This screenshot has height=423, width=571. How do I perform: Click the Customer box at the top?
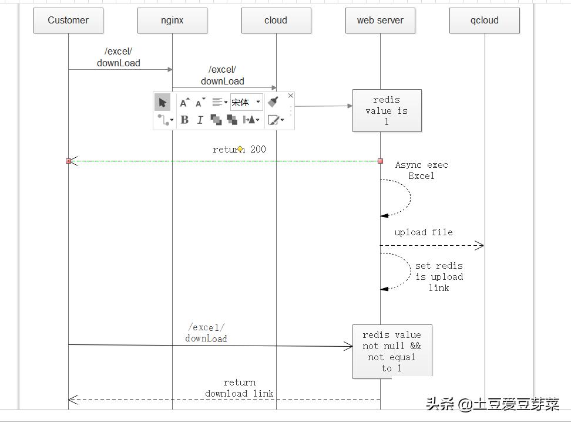[68, 21]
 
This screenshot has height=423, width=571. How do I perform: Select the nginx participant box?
[172, 21]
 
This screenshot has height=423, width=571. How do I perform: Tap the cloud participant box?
[276, 21]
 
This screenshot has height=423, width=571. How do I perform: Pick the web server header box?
[380, 21]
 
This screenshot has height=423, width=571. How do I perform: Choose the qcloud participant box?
[484, 21]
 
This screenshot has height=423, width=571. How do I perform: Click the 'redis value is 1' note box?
[387, 110]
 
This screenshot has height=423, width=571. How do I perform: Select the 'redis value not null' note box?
[392, 351]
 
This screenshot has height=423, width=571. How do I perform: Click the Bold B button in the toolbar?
[184, 120]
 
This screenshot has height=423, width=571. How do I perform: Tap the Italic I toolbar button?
[200, 120]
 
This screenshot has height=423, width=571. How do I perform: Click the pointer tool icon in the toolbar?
[163, 103]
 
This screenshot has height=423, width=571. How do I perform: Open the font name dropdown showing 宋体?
[246, 102]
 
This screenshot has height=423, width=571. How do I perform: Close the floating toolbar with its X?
[290, 96]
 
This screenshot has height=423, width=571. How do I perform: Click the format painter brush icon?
[273, 102]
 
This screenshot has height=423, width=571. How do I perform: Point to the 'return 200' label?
[239, 149]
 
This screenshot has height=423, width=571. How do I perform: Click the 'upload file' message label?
[424, 232]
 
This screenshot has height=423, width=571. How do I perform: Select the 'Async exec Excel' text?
[421, 170]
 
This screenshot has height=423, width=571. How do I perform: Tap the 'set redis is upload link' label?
[439, 277]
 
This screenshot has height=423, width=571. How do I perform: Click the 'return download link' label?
[239, 388]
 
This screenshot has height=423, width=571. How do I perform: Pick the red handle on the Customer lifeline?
[68, 161]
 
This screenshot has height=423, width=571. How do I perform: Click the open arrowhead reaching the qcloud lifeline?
[479, 245]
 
